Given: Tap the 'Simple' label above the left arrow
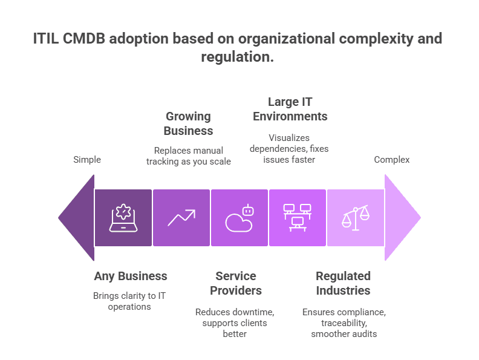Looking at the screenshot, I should pyautogui.click(x=87, y=160).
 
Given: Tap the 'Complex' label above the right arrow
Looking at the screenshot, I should pyautogui.click(x=391, y=160).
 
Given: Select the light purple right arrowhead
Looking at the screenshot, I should pyautogui.click(x=400, y=217).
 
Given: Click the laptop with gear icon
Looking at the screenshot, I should pyautogui.click(x=123, y=218).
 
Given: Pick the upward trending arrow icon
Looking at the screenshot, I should pyautogui.click(x=181, y=218).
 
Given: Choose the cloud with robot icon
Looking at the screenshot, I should pyautogui.click(x=239, y=218).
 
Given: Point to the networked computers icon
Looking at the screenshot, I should pyautogui.click(x=297, y=217).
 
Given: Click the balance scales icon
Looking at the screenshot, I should pyautogui.click(x=355, y=218).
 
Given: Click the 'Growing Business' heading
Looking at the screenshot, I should pyautogui.click(x=188, y=123).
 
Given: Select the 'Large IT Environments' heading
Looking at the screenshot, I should pyautogui.click(x=290, y=109).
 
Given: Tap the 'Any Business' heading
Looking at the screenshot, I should pyautogui.click(x=131, y=276).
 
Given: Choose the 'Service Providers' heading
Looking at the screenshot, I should pyautogui.click(x=235, y=283).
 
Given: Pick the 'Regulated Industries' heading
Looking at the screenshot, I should pyautogui.click(x=343, y=283).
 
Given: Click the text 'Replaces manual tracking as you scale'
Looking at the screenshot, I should pyautogui.click(x=188, y=155).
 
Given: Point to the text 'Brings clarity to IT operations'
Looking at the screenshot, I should pyautogui.click(x=130, y=301).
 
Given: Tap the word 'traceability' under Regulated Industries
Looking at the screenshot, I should pyautogui.click(x=343, y=323).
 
